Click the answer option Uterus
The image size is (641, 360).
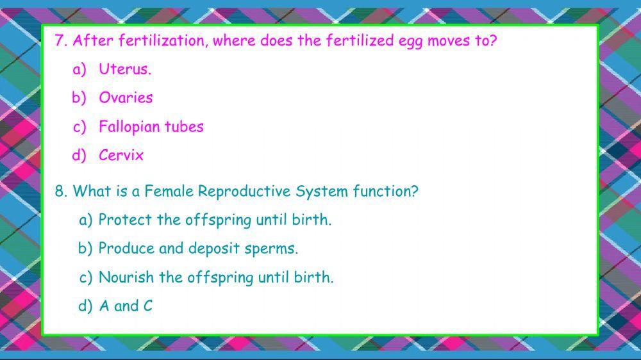coord(124,70)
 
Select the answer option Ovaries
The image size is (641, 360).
coord(126,98)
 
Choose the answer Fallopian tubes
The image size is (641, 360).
coord(151,127)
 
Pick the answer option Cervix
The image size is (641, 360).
coord(121,155)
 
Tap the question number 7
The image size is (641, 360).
coord(61,41)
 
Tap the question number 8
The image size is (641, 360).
coord(61,192)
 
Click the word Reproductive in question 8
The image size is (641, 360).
coord(244,192)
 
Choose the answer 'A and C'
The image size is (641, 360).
coord(126,306)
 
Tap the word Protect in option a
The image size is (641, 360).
coord(125,220)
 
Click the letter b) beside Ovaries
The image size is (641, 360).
coord(79,98)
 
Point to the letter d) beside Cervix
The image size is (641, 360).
coord(79,155)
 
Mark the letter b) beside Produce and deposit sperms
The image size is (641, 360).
coord(85,249)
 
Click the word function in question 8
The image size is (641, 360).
coord(386,192)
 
